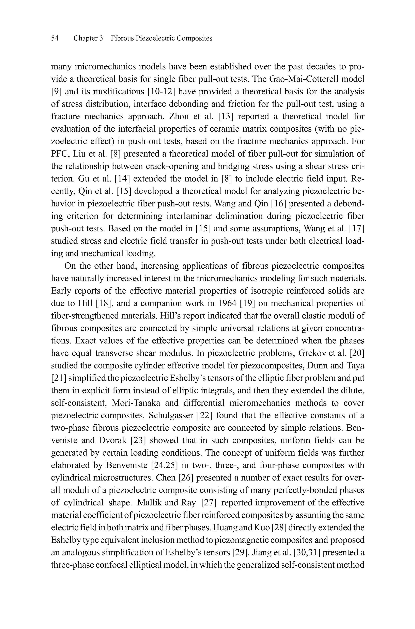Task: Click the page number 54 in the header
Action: pos(55,38)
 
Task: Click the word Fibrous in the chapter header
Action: pos(122,38)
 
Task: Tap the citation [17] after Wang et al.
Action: pos(356,229)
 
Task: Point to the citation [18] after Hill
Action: pos(105,303)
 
